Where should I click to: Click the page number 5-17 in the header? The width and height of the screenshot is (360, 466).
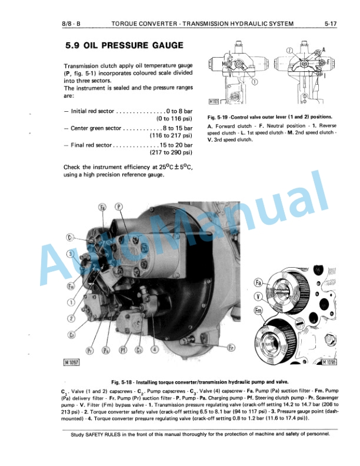329,24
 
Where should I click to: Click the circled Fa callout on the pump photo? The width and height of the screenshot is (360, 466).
102,207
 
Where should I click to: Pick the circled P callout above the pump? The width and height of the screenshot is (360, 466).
119,207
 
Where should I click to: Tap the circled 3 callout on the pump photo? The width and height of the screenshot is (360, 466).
70,254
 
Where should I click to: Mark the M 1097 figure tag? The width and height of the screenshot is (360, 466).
71,362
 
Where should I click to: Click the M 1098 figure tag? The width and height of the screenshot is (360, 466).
331,363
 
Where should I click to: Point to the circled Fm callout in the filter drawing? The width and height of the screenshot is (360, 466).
258,311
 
